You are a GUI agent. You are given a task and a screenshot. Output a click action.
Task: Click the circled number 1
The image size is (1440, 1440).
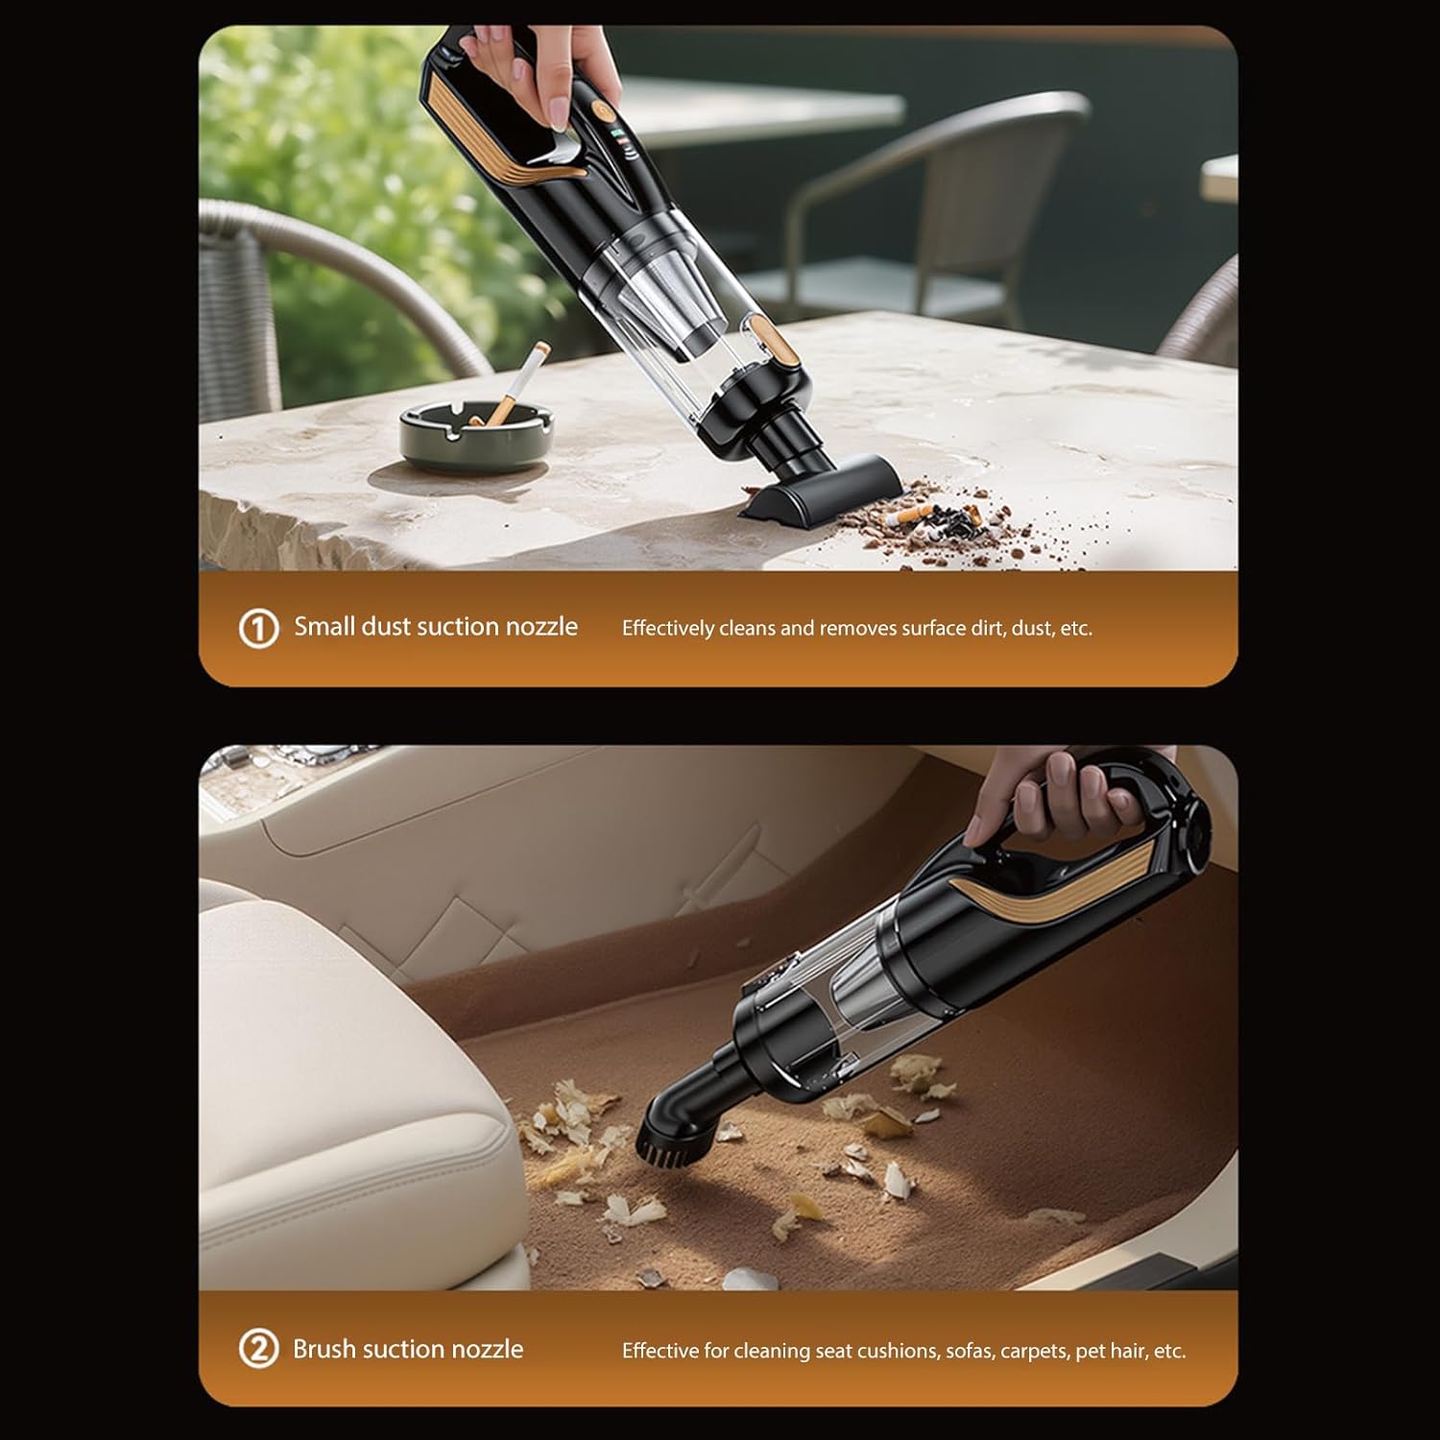tap(257, 629)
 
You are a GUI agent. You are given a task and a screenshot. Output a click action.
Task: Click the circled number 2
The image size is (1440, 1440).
tap(257, 1350)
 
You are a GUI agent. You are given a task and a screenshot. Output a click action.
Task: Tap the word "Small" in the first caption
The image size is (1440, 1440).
tap(324, 627)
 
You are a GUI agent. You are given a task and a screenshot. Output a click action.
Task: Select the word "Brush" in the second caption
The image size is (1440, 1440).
tap(324, 1349)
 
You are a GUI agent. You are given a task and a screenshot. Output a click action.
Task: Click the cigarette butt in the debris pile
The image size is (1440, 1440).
tap(910, 517)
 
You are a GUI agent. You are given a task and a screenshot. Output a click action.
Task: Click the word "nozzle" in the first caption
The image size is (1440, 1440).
tap(541, 627)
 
